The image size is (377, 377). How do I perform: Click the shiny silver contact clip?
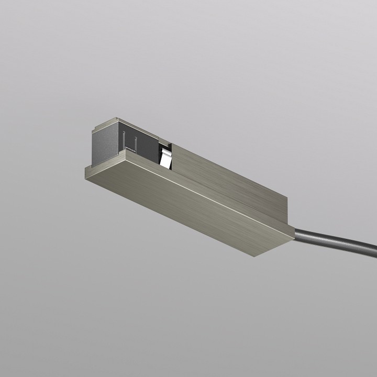point(166,159)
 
